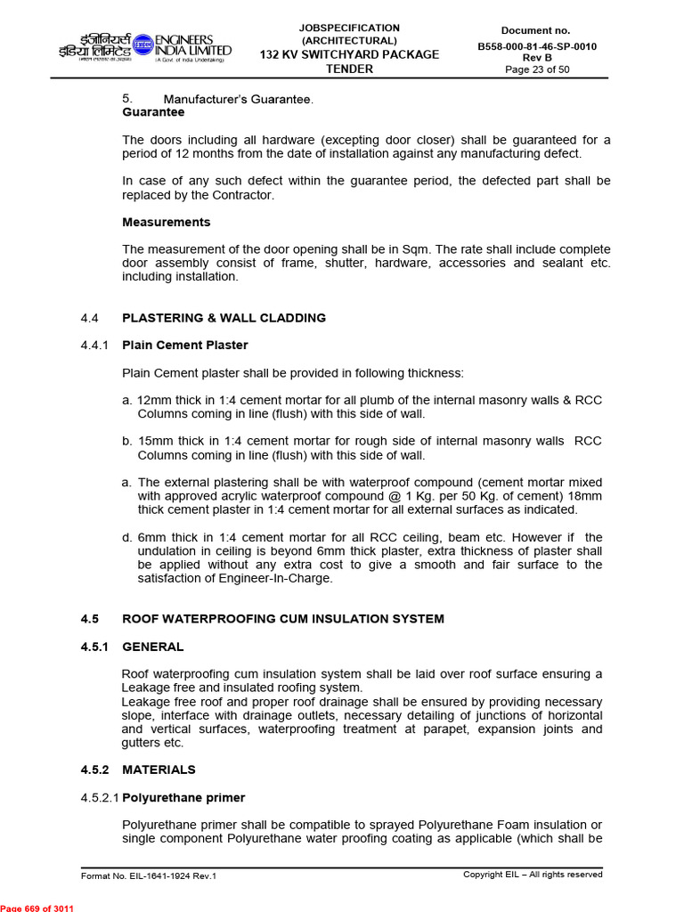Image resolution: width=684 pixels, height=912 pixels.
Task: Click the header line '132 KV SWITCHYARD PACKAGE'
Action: [349, 54]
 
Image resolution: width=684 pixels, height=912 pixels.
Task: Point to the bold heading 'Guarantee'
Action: [153, 112]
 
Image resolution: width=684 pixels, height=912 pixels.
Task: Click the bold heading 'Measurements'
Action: [166, 222]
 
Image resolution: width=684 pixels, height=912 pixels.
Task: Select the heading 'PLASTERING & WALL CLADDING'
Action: [224, 317]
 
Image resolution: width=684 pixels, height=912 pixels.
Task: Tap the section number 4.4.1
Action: [94, 345]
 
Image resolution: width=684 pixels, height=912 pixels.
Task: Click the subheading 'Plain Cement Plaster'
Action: [184, 345]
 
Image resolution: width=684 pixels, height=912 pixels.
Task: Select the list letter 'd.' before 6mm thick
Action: [127, 537]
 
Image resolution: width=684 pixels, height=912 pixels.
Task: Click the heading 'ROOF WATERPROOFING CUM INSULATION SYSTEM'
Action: [282, 618]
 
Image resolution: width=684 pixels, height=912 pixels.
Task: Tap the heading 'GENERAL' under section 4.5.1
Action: [152, 647]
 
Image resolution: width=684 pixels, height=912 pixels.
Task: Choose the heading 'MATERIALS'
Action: [159, 769]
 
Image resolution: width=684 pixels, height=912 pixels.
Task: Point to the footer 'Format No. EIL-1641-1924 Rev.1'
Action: [149, 875]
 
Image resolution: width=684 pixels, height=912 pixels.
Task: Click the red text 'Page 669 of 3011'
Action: [37, 907]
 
